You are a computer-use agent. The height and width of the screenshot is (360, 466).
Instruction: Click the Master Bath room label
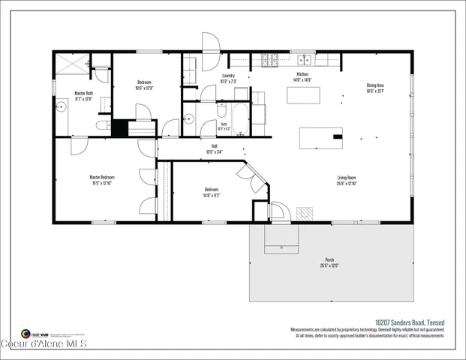click(83, 94)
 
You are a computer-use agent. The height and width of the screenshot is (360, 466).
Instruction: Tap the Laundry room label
click(228, 76)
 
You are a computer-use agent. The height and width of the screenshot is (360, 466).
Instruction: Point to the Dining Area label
click(375, 85)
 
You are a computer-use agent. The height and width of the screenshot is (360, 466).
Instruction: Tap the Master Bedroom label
click(102, 178)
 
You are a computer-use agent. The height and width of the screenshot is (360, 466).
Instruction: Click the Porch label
click(330, 261)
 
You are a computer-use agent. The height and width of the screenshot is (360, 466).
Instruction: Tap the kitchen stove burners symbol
click(269, 60)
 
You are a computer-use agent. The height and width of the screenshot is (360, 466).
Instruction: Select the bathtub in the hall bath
click(241, 116)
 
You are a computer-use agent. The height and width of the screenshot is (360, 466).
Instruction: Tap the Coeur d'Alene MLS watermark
click(45, 344)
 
